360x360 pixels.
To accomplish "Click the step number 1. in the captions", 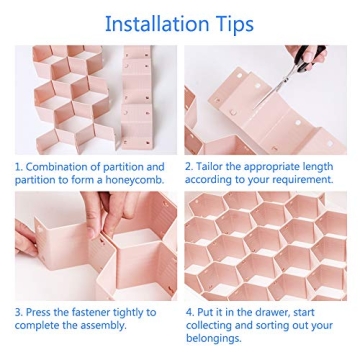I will pyautogui.click(x=19, y=167).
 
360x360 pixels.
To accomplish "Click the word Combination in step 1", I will pyautogui.click(x=59, y=167).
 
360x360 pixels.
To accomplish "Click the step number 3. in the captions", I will pyautogui.click(x=19, y=313).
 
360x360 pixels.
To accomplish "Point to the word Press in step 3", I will pyautogui.click(x=40, y=313).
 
